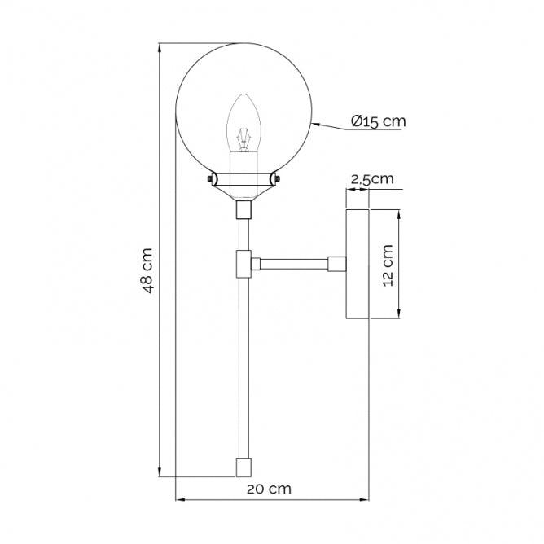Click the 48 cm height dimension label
[x=147, y=270]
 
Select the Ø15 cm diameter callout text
[x=379, y=121]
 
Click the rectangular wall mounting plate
[x=358, y=265]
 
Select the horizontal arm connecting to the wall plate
[x=293, y=264]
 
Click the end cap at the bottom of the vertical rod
[x=242, y=467]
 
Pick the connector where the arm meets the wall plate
[x=336, y=264]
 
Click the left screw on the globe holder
[x=211, y=178]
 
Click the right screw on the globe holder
[x=276, y=178]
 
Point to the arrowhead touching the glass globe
[x=314, y=125]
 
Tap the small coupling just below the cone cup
[x=242, y=211]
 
